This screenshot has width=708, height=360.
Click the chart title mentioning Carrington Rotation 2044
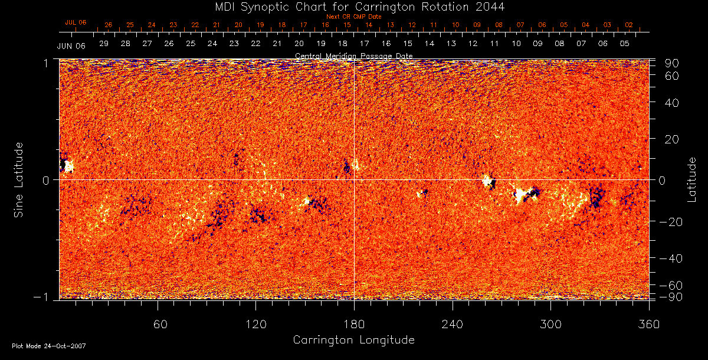354,6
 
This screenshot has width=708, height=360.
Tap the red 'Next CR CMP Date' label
354,17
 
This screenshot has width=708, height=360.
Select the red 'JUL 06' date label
76,22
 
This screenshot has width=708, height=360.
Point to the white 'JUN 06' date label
71,46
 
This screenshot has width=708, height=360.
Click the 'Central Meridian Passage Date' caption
354,56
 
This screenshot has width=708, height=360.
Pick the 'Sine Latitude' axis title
19,179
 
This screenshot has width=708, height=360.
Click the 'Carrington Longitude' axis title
354,340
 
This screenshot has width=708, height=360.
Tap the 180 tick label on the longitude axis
354,324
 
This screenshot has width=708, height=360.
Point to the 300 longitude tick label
551,324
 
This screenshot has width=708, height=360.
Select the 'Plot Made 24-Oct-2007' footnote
49,346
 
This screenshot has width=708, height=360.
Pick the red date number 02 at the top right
629,25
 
